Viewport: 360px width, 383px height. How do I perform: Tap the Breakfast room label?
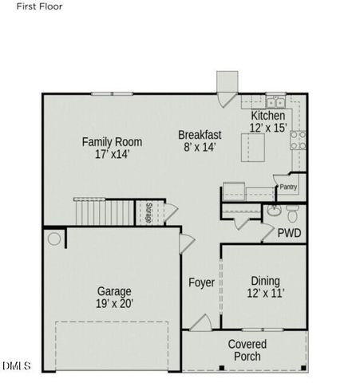coord(200,140)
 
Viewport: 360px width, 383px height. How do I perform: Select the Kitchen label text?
coord(267,116)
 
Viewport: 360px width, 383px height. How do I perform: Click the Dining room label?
coord(265,286)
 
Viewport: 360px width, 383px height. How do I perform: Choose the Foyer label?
coord(201,282)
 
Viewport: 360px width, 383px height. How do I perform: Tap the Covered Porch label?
coord(247,349)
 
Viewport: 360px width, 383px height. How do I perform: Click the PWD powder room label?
coord(289,234)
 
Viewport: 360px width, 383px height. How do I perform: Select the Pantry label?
coord(288,188)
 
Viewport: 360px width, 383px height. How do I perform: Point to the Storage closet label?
coord(149,212)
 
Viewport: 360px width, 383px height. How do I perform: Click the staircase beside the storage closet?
coord(104,211)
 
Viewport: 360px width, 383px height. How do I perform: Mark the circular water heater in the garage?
coord(54,238)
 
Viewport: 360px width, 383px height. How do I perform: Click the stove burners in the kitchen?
coord(298,140)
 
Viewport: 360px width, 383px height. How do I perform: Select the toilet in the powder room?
coord(292,213)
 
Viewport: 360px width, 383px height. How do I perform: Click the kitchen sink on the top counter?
coord(275,101)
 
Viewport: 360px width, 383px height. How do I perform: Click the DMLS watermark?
coord(16,366)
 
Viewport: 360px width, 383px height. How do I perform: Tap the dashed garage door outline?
coord(112,345)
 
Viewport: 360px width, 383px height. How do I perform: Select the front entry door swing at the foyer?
coord(200,323)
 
